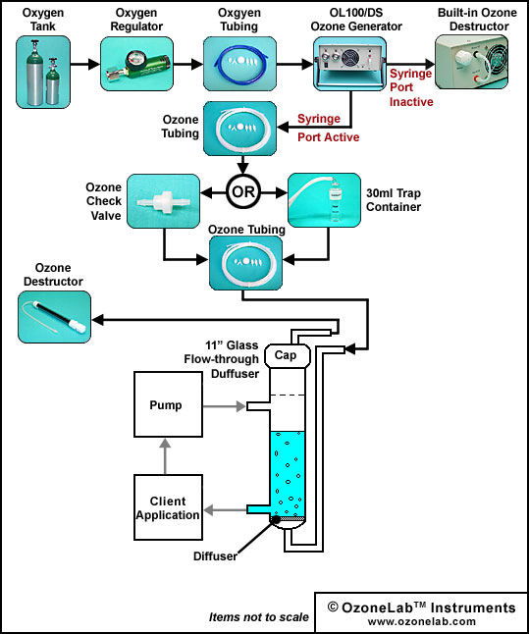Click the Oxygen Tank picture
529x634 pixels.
click(x=43, y=72)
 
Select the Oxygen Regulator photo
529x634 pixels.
click(x=136, y=64)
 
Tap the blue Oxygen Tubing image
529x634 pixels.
click(x=239, y=64)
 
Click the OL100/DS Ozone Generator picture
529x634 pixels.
click(x=349, y=64)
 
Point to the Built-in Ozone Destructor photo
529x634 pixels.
click(x=471, y=62)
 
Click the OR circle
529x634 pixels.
click(x=243, y=191)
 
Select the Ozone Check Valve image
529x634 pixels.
click(x=163, y=201)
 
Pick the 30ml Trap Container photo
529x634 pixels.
click(x=324, y=200)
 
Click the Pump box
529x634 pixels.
click(x=168, y=404)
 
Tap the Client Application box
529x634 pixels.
click(x=168, y=507)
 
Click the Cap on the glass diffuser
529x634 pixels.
click(x=288, y=356)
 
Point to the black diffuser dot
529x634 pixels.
click(x=276, y=520)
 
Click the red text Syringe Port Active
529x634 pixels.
click(x=329, y=128)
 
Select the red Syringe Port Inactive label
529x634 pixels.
click(x=411, y=87)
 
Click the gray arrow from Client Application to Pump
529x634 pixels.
click(x=165, y=456)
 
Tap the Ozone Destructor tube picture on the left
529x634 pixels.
click(x=55, y=317)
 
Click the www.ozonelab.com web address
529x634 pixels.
click(x=421, y=621)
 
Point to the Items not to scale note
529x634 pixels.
click(x=259, y=617)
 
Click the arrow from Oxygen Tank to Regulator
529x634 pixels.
click(x=85, y=64)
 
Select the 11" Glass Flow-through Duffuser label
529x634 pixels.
click(x=222, y=359)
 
